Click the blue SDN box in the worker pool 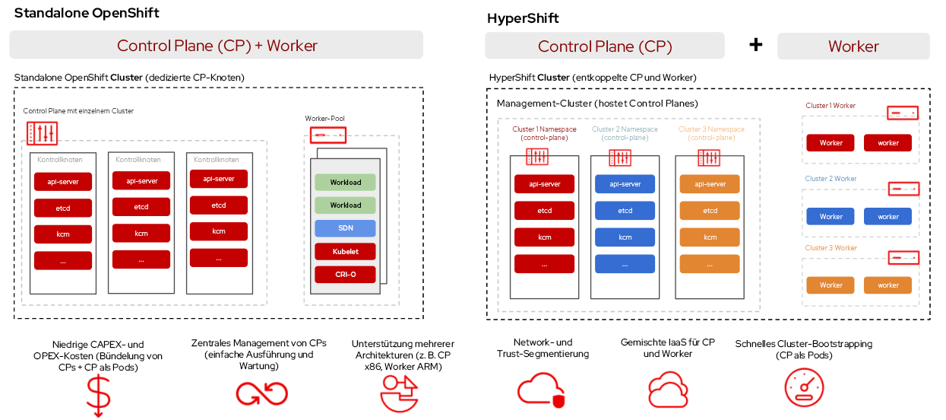[345, 228]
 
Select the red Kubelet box [345, 251]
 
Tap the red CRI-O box [345, 274]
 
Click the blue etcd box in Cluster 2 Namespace [625, 211]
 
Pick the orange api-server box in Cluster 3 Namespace [710, 184]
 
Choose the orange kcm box [710, 237]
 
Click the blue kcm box [625, 237]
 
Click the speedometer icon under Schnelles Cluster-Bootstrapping [804, 387]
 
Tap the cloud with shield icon [541, 390]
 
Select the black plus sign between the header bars [755, 45]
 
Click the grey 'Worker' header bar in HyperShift [853, 46]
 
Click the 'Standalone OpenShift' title [87, 14]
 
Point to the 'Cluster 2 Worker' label [831, 179]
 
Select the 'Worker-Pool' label [324, 119]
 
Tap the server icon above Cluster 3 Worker [903, 258]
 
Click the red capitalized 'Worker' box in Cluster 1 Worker [831, 143]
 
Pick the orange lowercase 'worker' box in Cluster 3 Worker [887, 285]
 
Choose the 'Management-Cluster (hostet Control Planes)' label [597, 103]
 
